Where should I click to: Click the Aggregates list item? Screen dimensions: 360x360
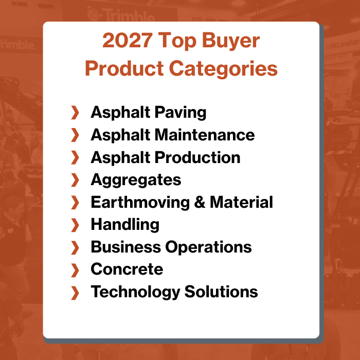[136, 180]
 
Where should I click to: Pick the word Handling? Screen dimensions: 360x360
[125, 225]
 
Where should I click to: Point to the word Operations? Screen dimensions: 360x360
[208, 247]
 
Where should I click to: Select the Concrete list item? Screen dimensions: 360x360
[127, 269]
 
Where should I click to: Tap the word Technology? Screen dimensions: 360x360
[133, 292]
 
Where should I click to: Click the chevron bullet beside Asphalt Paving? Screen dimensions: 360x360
[75, 113]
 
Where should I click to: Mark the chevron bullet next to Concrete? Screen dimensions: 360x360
[75, 269]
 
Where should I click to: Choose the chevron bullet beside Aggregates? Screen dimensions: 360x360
[75, 180]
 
